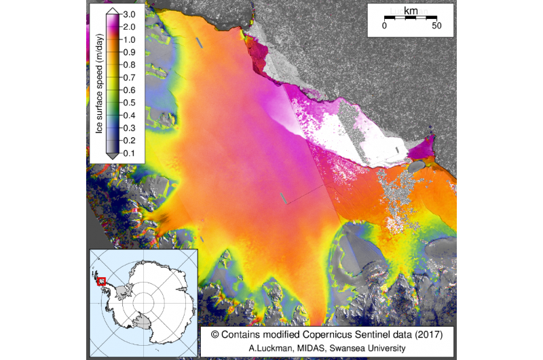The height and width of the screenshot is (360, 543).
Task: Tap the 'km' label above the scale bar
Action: [411, 12]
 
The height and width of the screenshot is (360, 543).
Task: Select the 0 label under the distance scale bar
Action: [384, 26]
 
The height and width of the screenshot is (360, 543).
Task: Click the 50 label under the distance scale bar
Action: [436, 26]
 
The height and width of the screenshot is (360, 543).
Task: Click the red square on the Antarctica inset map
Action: [102, 281]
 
